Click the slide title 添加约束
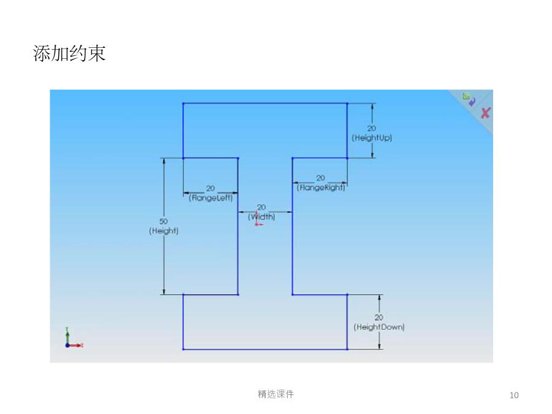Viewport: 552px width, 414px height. tap(69, 53)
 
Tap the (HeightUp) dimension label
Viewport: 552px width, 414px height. tap(372, 137)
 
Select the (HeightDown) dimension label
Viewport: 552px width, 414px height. tap(379, 327)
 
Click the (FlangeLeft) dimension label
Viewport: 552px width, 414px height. tap(210, 198)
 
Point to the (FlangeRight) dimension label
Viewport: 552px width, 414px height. tap(321, 187)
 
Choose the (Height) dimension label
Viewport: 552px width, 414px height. tap(164, 231)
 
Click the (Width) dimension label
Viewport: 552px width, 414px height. tap(261, 217)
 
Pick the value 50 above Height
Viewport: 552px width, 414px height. tap(163, 221)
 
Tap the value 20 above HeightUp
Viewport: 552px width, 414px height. tap(372, 129)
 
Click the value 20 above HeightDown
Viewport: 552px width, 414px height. tap(379, 318)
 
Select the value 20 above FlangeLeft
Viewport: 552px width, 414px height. tap(210, 188)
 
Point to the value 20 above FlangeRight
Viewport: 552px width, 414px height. tap(320, 178)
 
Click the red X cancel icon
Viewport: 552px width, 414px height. tap(486, 113)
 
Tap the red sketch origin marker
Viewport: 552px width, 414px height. tap(258, 220)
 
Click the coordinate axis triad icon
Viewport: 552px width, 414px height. tap(74, 338)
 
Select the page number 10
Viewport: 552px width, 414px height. tap(514, 396)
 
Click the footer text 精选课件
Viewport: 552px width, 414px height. tap(275, 394)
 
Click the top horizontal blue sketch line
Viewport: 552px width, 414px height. tap(265, 104)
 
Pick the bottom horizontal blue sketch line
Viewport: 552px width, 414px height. tap(265, 349)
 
